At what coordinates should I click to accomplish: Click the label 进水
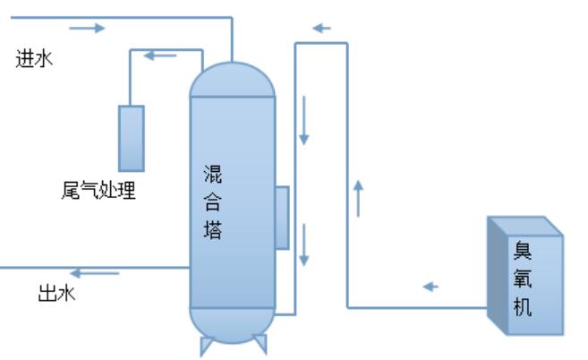pos(33,61)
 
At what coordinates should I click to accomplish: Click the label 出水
pos(55,293)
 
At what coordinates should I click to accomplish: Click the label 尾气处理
pos(94,190)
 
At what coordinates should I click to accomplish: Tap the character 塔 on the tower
pos(213,231)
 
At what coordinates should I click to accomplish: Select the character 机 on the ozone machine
pos(522,307)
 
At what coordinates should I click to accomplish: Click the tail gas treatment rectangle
pos(132,138)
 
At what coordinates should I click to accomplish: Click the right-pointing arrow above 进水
pos(87,28)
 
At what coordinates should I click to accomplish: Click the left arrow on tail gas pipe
pos(160,56)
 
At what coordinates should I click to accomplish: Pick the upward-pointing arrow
pos(358,198)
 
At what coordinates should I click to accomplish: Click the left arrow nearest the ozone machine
pos(430,287)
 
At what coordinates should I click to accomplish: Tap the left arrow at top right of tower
pos(321,28)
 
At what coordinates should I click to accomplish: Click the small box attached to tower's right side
pos(282,217)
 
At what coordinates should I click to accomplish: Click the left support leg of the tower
pos(206,346)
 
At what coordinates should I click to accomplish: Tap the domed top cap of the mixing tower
pos(232,79)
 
